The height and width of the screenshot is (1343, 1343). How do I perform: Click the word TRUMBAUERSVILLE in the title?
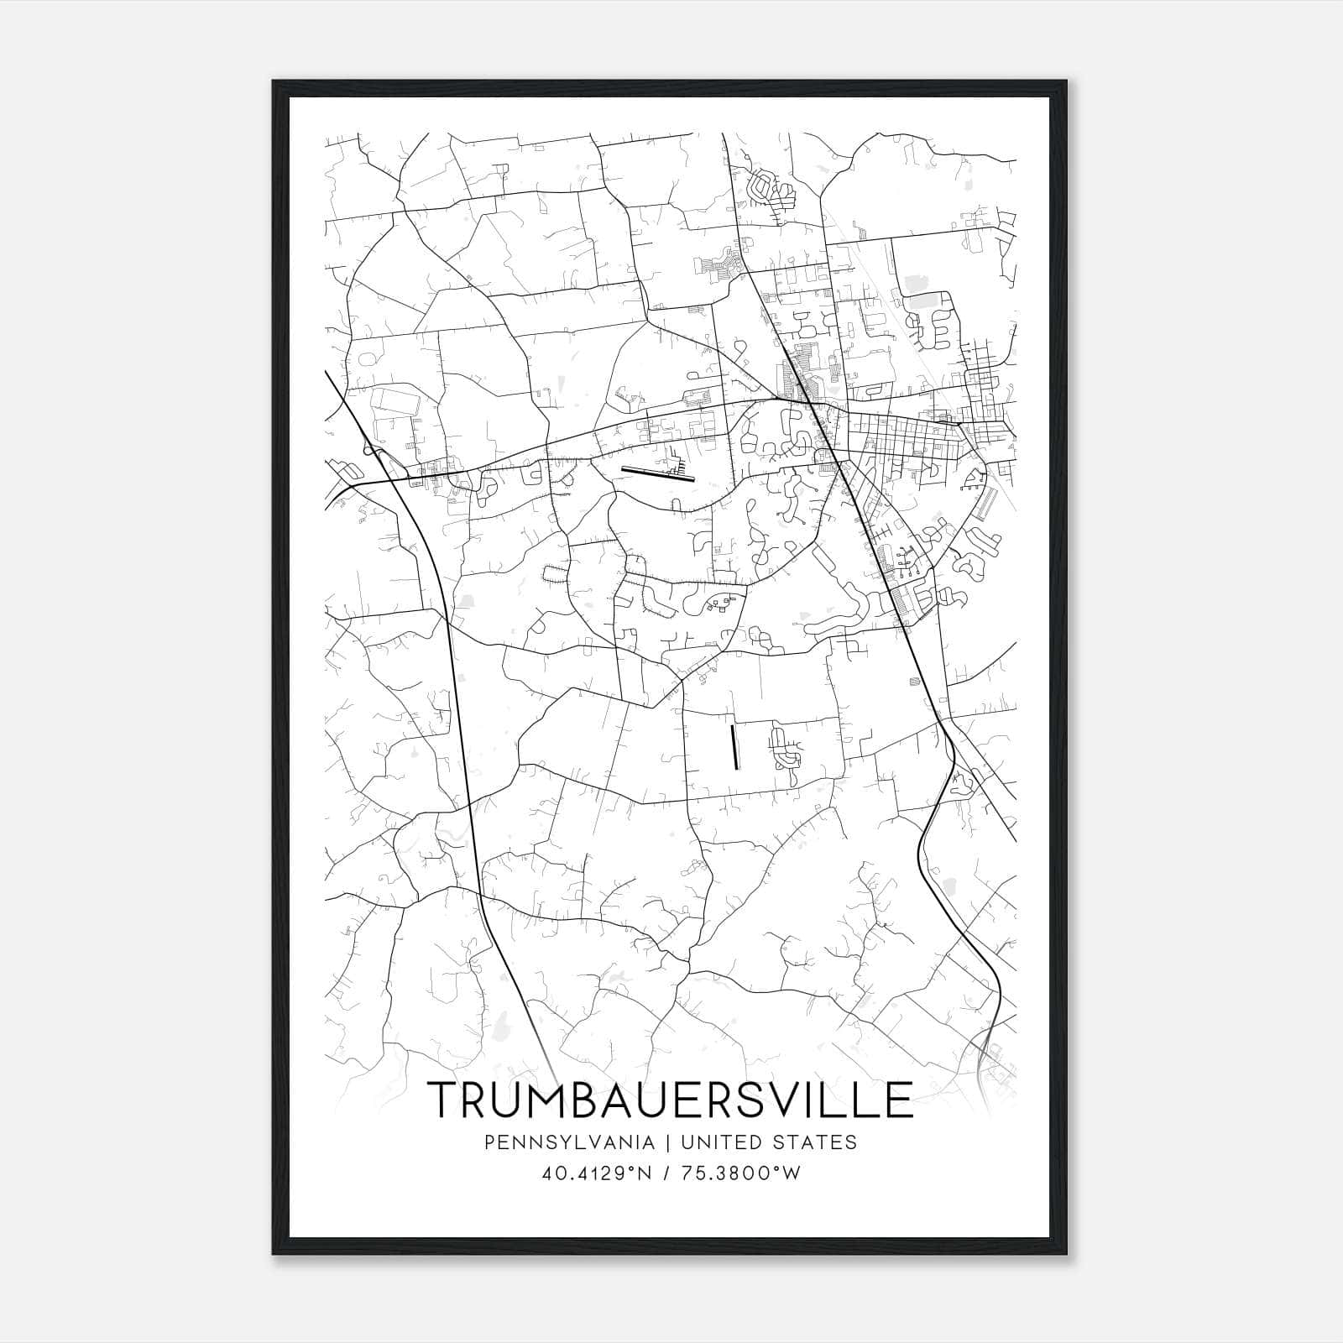click(670, 1099)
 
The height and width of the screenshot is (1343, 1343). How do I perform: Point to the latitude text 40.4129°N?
click(597, 1173)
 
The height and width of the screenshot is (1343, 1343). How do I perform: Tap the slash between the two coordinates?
click(666, 1173)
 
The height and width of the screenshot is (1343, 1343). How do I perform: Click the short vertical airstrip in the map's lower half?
click(734, 747)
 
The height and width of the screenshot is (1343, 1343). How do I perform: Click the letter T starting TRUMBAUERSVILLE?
click(446, 1099)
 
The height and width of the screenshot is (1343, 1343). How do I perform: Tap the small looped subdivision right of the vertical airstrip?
click(786, 749)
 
